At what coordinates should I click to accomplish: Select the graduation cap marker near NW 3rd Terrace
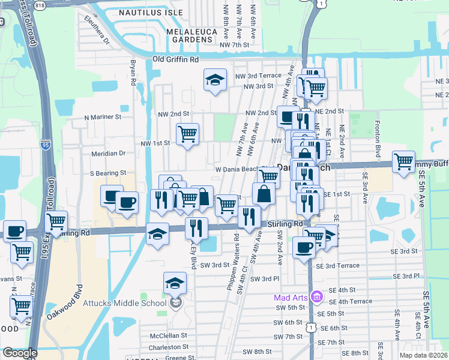click(x=214, y=80)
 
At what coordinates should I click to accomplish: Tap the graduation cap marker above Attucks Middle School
click(x=175, y=282)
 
